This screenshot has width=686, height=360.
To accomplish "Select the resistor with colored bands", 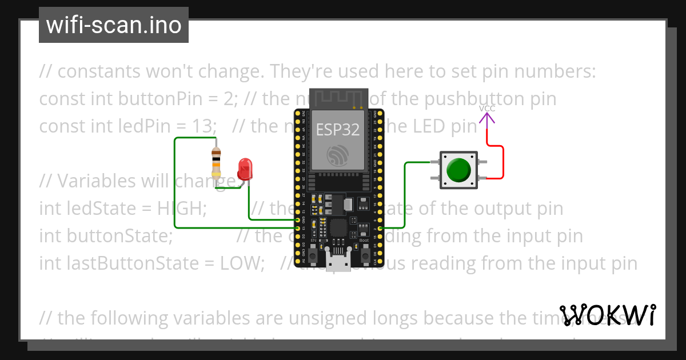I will (x=216, y=162).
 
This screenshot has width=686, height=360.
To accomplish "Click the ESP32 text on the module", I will (x=338, y=130).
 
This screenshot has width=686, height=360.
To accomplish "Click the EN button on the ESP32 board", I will (x=314, y=252).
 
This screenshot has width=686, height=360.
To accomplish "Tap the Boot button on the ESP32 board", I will (x=364, y=252).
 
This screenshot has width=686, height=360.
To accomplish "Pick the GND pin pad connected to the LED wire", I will (x=298, y=219).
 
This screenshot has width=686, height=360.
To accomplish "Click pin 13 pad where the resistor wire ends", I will (x=298, y=228).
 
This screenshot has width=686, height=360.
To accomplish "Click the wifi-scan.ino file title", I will (x=114, y=25).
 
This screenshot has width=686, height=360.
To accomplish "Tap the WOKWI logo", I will (x=608, y=315).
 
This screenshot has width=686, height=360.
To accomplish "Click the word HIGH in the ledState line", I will (x=181, y=209).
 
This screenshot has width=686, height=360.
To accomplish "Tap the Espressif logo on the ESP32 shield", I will (x=338, y=155).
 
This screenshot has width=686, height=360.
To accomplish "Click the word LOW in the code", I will (x=242, y=263).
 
